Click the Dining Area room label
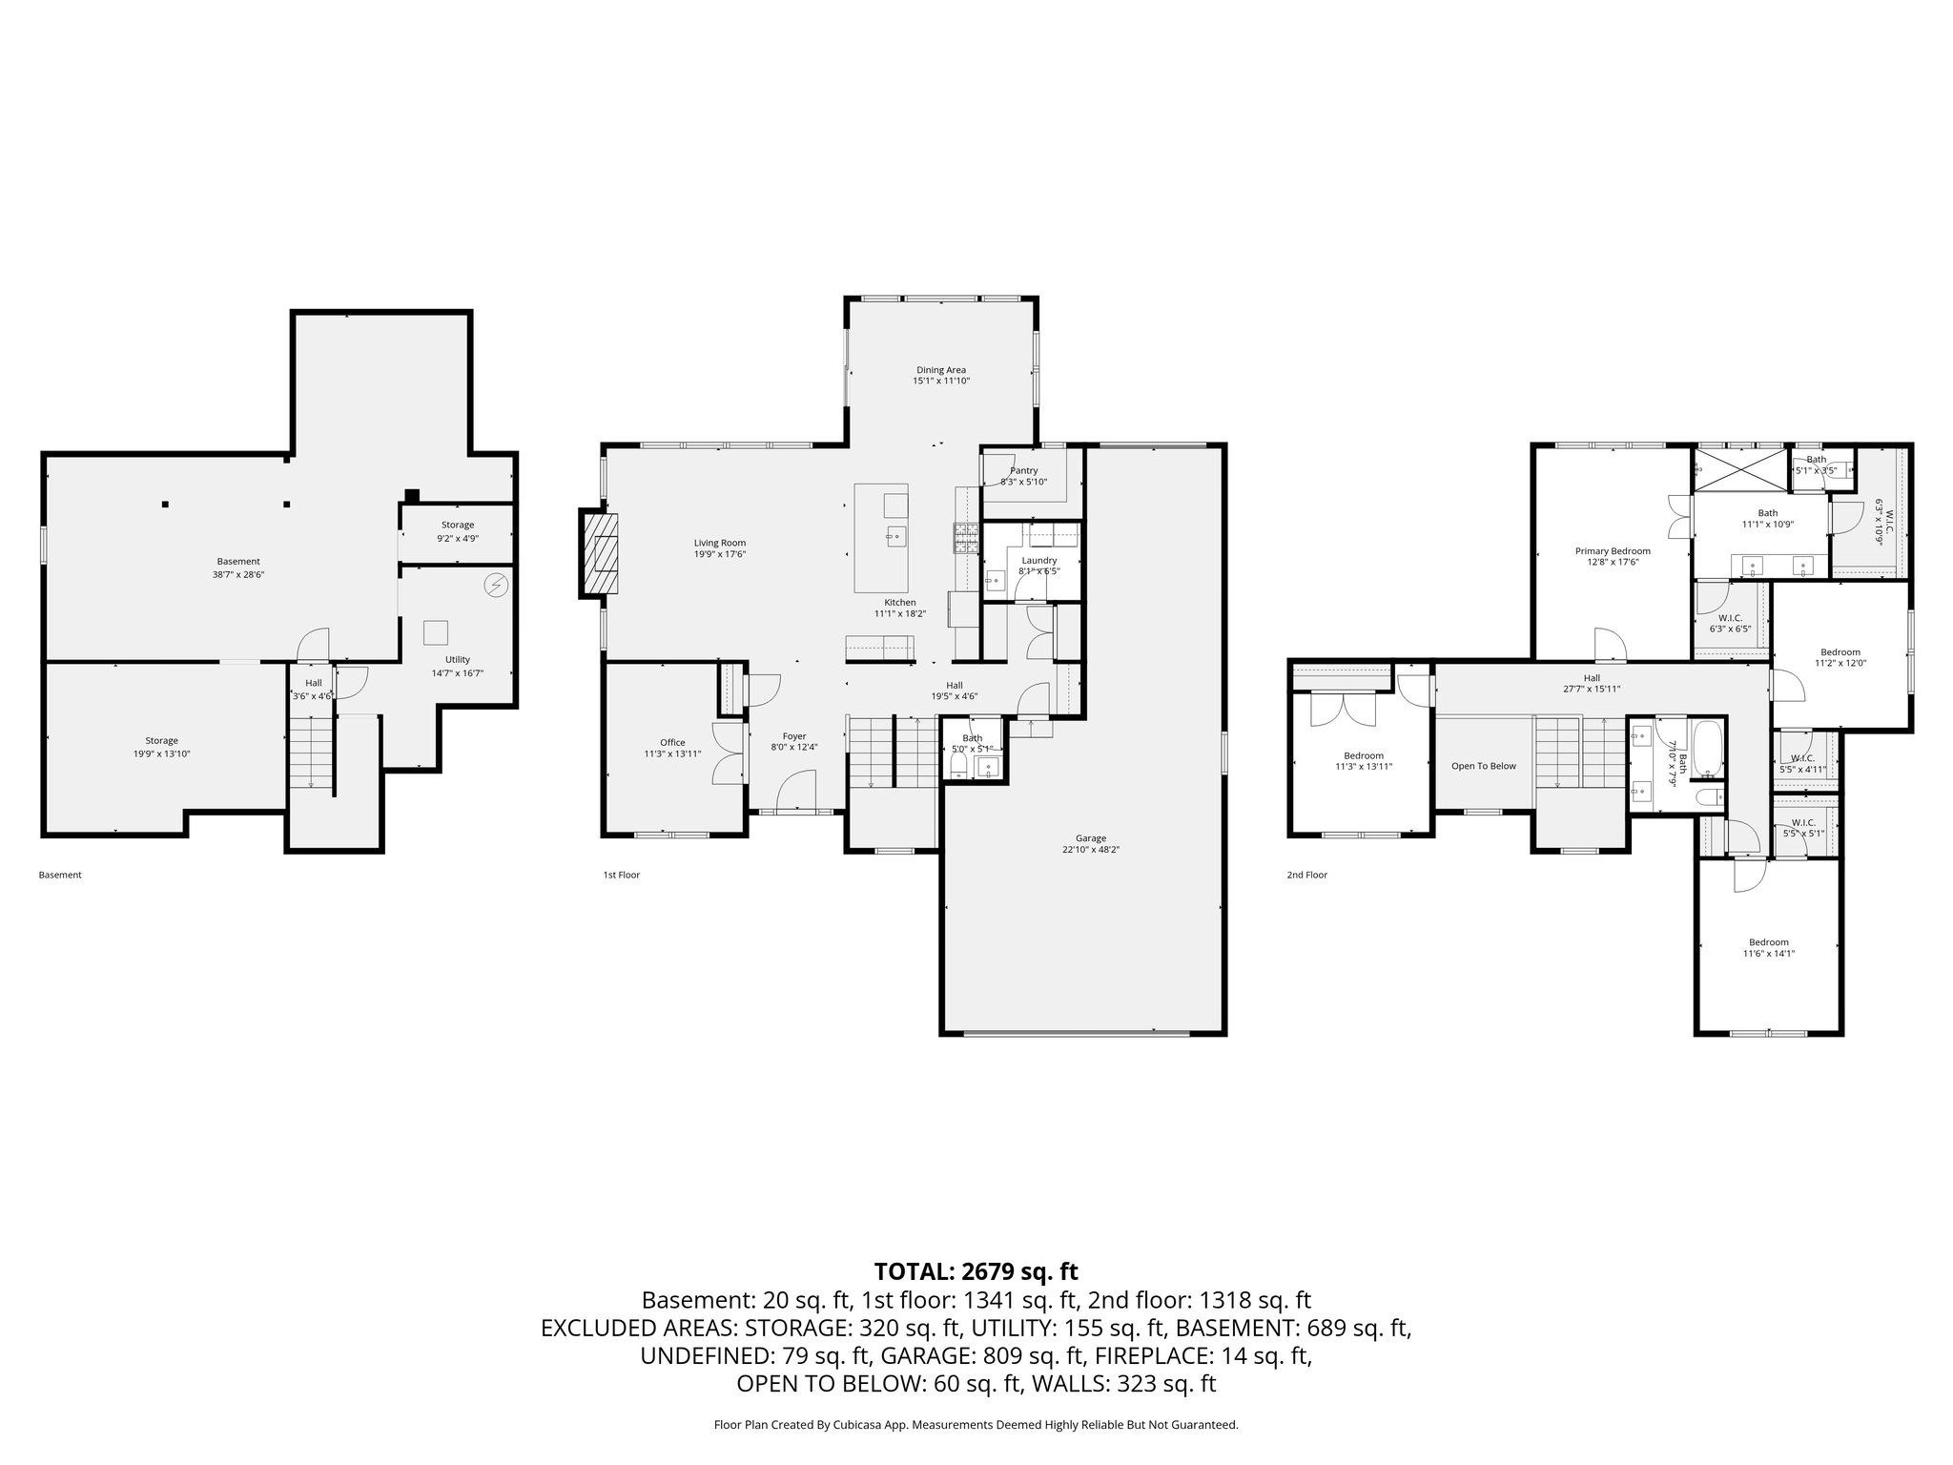(941, 370)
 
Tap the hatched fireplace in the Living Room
(601, 554)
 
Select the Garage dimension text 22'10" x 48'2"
(1091, 850)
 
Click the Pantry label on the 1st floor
(1023, 470)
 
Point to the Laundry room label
(1038, 561)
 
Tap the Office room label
(672, 742)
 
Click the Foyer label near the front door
(794, 736)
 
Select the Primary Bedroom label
(1613, 550)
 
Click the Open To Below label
(1483, 766)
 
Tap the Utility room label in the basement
(458, 659)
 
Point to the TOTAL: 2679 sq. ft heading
(976, 1270)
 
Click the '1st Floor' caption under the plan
(622, 875)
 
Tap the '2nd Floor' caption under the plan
(1306, 875)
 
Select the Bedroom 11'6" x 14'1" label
(1769, 942)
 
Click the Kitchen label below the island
(899, 603)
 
